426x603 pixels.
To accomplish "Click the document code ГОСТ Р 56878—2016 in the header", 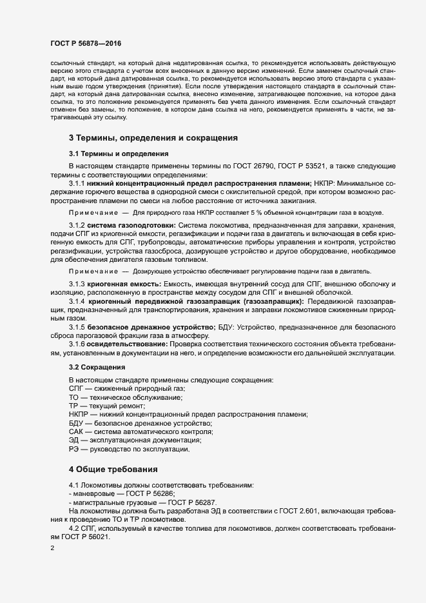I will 85,43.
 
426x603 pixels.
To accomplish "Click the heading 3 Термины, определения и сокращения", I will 154,138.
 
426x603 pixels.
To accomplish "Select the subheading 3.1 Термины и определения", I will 119,154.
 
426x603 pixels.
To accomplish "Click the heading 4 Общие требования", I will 113,469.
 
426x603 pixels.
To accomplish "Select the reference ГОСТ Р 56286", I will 141,493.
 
